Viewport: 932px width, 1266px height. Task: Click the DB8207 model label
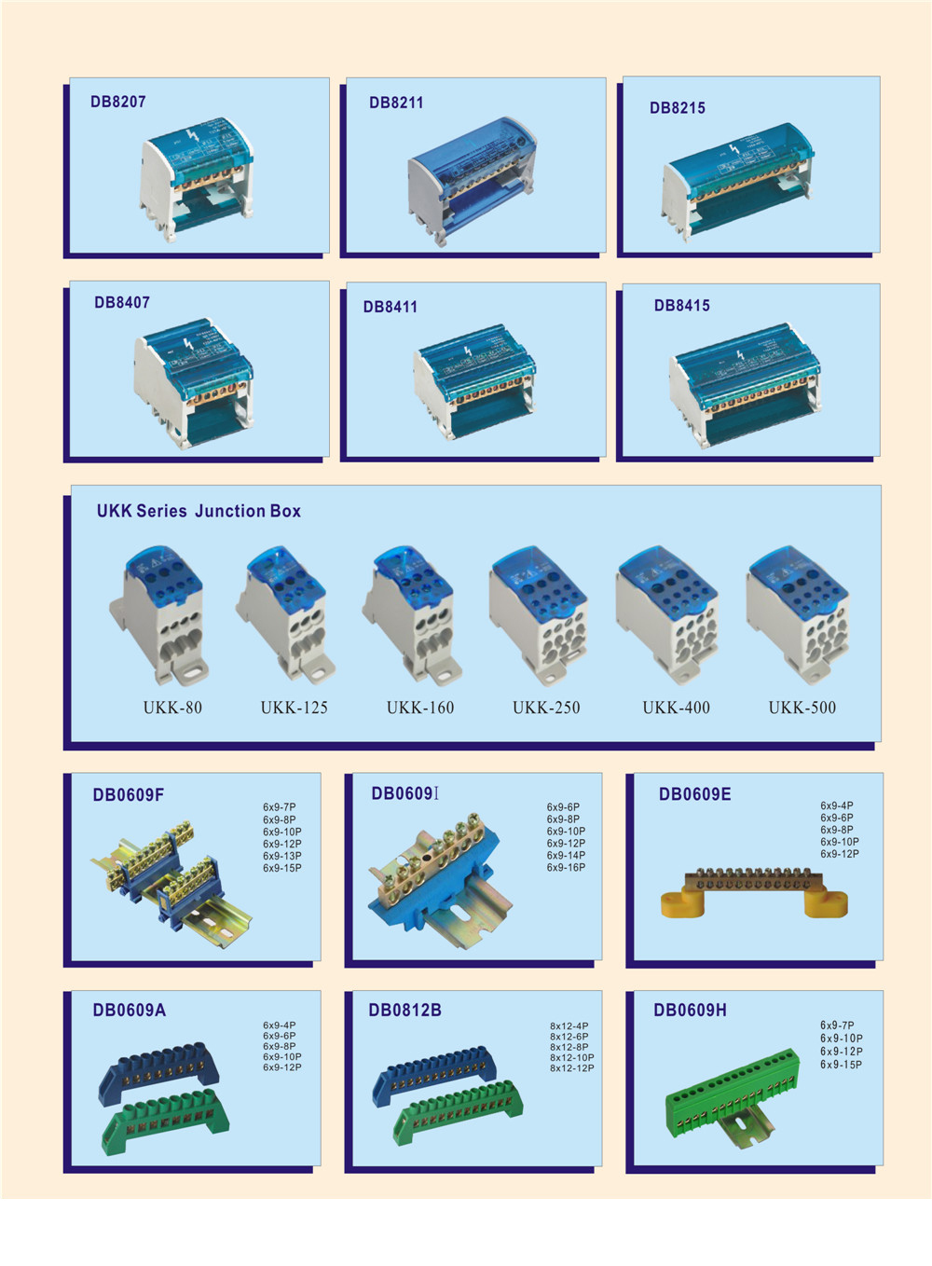(x=118, y=102)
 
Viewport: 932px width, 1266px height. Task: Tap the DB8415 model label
(x=681, y=306)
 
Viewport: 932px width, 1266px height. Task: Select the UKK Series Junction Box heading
(x=199, y=511)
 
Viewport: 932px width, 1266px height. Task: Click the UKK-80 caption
(x=172, y=708)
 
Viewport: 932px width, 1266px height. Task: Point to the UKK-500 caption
(x=802, y=708)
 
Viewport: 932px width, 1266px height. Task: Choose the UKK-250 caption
(x=546, y=708)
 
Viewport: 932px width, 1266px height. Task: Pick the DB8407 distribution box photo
(x=194, y=381)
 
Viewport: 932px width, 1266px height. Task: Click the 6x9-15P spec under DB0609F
(x=281, y=868)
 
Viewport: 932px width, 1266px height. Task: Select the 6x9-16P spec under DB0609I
(x=566, y=867)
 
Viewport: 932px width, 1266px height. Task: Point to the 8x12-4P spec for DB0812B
(x=569, y=1025)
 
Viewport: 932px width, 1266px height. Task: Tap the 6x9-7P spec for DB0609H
(x=837, y=1025)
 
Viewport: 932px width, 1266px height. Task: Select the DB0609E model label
(x=694, y=794)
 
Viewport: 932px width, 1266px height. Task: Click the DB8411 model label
(x=390, y=307)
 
